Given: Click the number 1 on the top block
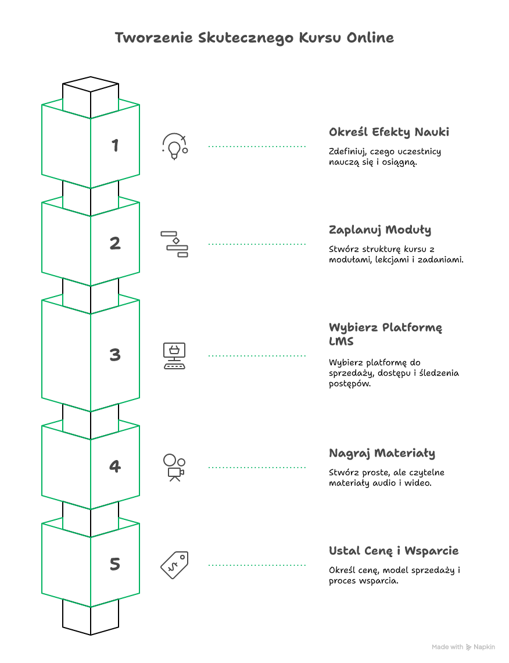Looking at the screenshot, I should pos(115,145).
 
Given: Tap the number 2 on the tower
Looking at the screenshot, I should pos(115,243).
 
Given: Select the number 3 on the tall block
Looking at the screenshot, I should pos(115,355).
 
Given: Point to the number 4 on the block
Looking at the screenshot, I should pos(115,466).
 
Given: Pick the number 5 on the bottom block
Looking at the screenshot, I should pos(115,564).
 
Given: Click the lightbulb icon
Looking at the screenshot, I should pos(174,147).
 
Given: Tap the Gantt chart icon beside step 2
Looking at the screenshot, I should pos(174,244).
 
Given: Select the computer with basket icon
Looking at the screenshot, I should pos(174,355).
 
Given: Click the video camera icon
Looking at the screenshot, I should pos(174,467).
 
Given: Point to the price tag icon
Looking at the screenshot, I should pos(174,565).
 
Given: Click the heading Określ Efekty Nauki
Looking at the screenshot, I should pos(389,132).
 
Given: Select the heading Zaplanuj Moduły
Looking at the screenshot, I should pos(380,230).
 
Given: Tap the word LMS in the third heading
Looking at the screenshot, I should pos(341,341).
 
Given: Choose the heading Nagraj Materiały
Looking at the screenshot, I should pos(382,453).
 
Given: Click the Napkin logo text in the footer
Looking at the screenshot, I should pos(484,647).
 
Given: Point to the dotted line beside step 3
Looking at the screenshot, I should pos(257,355).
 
